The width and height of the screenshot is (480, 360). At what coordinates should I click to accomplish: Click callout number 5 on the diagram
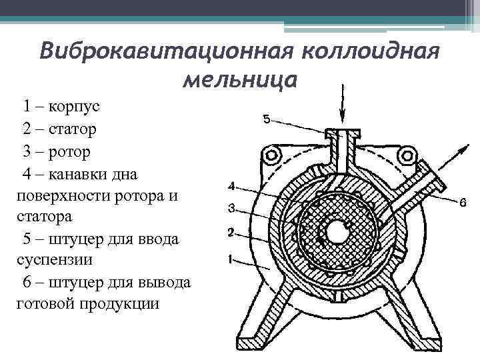pyautogui.click(x=265, y=119)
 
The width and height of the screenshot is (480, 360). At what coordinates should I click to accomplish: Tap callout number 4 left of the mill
pyautogui.click(x=231, y=185)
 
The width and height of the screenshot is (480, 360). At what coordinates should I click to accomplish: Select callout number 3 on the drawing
pyautogui.click(x=231, y=209)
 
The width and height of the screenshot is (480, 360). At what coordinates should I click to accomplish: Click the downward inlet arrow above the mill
pyautogui.click(x=343, y=104)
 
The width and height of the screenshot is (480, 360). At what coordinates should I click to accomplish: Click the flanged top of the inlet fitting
pyautogui.click(x=343, y=134)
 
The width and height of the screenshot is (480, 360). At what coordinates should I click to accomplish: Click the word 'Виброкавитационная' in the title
pyautogui.click(x=167, y=51)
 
